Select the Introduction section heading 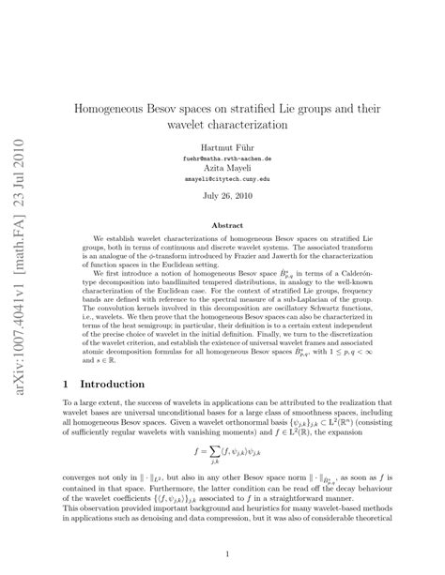pyautogui.click(x=112, y=385)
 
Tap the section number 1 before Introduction pyautogui.click(x=65, y=385)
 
